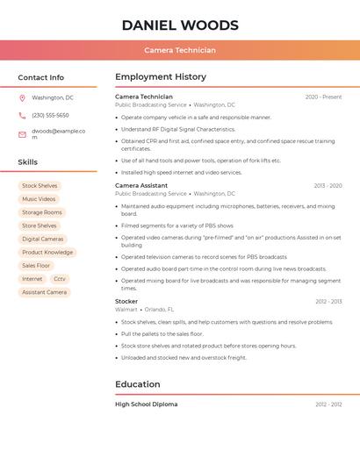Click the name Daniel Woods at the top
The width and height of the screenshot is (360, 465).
[180, 25]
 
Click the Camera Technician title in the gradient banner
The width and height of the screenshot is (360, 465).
[180, 50]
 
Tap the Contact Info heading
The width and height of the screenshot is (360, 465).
[41, 77]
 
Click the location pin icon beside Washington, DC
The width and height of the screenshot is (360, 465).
[22, 98]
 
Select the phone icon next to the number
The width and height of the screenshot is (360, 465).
[22, 116]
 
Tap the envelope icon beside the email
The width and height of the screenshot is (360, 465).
[22, 134]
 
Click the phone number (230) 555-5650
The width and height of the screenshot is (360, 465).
[50, 116]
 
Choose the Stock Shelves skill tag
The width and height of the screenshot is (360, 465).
[40, 186]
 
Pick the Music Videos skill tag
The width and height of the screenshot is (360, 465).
[39, 199]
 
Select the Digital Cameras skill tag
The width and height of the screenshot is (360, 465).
[42, 239]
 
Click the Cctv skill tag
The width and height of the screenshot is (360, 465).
[60, 279]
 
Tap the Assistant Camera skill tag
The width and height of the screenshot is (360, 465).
[44, 292]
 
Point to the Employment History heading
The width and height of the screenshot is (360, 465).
[161, 77]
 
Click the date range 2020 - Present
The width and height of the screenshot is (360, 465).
[323, 97]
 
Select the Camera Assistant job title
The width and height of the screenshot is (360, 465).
[141, 186]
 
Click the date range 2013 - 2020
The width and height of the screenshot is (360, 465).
[328, 186]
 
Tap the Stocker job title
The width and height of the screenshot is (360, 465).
[126, 302]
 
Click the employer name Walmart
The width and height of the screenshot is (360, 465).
[126, 310]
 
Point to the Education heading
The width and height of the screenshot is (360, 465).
[138, 384]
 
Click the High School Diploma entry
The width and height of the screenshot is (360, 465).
[146, 404]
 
